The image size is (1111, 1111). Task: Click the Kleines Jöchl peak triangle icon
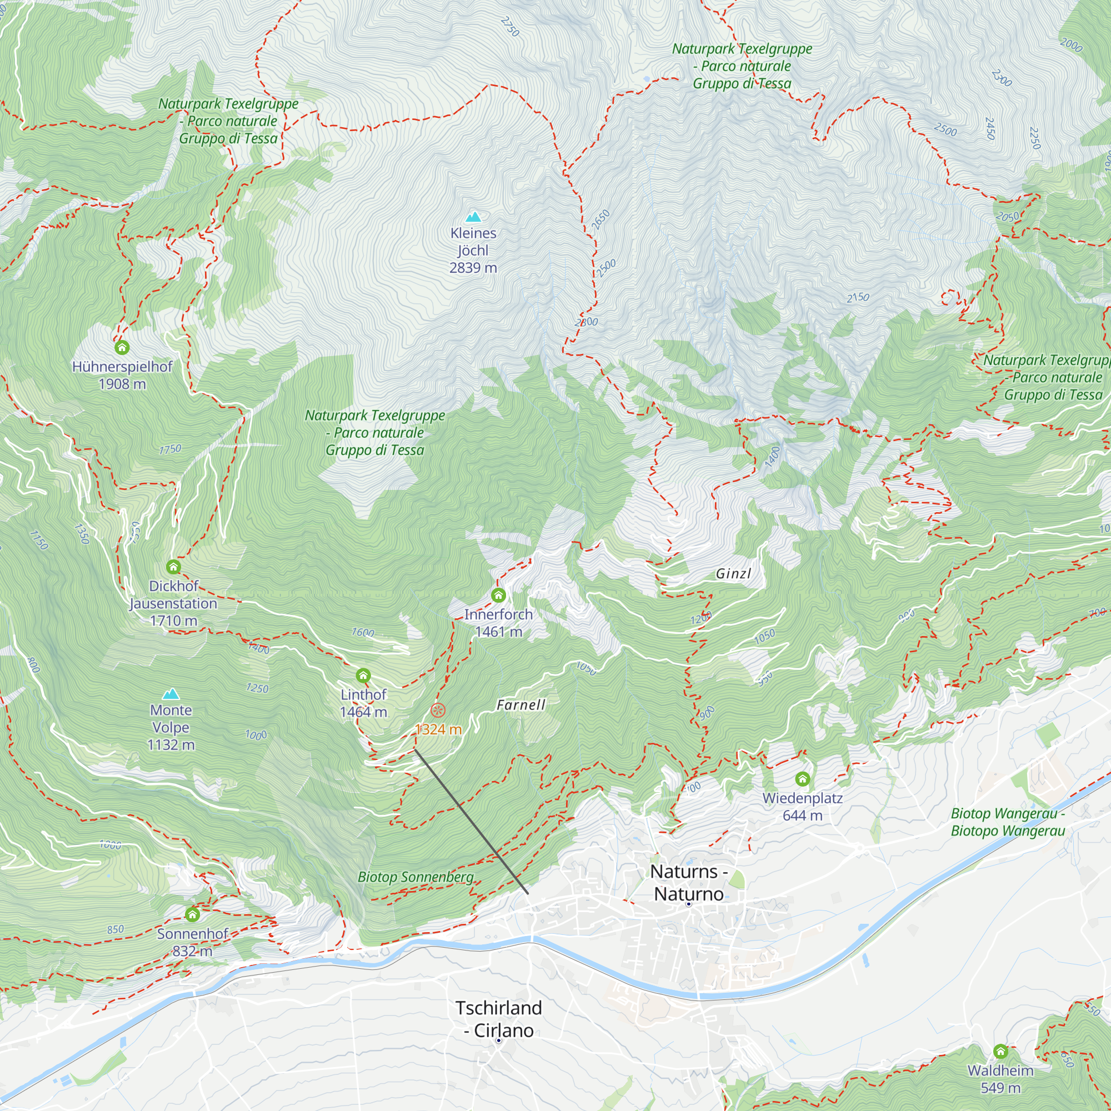coord(473,217)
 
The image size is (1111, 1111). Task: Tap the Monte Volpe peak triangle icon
coord(171,694)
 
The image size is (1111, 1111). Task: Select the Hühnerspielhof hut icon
coord(122,347)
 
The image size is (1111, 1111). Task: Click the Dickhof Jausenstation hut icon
coord(174,567)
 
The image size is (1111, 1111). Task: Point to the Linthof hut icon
coord(363,675)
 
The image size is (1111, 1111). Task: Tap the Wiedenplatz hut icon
coord(803,779)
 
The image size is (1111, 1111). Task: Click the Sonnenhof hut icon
coord(193,914)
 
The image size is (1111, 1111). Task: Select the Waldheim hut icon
coord(1000,1051)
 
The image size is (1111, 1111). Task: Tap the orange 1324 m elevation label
coord(438,729)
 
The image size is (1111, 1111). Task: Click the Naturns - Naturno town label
coord(689,883)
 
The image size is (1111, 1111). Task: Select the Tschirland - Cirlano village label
coord(499,1019)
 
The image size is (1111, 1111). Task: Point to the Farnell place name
coord(521,705)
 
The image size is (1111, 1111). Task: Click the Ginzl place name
coord(733,573)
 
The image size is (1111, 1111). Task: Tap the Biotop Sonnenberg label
coord(415,877)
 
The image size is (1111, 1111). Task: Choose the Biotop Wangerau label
coord(1008,822)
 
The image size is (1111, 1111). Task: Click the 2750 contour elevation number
coord(510,27)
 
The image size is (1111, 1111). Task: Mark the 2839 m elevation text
coord(473,267)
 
